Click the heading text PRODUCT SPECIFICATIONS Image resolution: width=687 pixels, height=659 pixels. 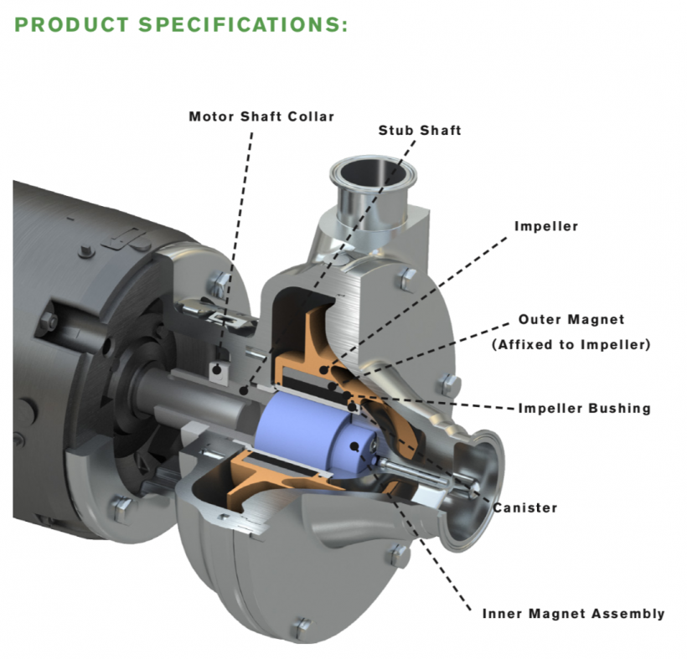click(x=181, y=24)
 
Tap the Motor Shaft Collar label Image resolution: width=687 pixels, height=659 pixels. click(x=261, y=116)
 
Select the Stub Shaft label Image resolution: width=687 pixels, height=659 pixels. click(x=420, y=130)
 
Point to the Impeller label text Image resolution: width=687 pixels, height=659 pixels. click(x=546, y=226)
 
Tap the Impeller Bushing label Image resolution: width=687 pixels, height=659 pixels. click(x=584, y=409)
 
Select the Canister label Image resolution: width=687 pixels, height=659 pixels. click(x=525, y=507)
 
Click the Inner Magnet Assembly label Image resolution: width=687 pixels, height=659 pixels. click(x=573, y=614)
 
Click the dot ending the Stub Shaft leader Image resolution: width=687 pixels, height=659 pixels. click(x=245, y=391)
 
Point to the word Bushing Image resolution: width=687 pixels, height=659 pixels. click(x=621, y=409)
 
